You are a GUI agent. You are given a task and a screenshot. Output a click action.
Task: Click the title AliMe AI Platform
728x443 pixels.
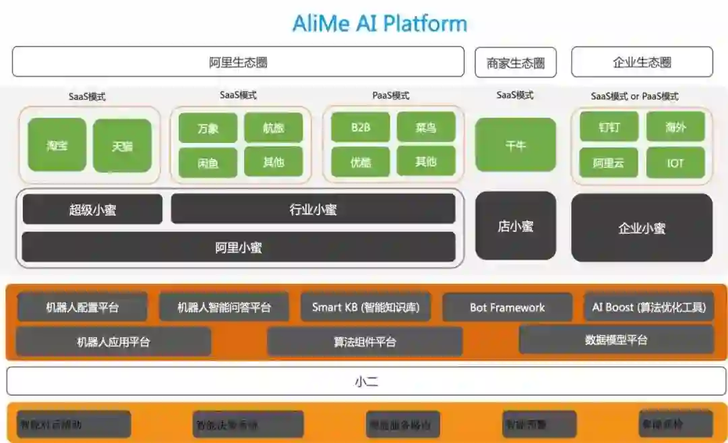pos(380,24)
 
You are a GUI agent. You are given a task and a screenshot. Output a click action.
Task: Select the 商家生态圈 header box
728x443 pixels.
pos(516,63)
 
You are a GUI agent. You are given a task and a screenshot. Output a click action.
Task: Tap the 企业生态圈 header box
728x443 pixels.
pos(642,62)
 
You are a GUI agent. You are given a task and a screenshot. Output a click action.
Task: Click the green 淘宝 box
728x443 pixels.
pos(57,145)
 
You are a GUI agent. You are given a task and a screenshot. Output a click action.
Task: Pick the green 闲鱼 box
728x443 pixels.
pos(208,162)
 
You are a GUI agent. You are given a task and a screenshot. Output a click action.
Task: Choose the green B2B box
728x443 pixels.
pos(361,127)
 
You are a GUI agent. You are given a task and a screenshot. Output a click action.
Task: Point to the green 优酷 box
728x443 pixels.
pos(361,162)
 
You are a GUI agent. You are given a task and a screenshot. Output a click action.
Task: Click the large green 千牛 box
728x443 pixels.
pos(516,145)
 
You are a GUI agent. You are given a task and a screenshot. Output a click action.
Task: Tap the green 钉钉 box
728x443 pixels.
pos(609,127)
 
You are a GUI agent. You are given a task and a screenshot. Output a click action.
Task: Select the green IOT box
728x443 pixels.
pos(675,162)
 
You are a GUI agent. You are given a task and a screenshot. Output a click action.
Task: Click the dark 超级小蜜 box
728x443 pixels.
pos(92,210)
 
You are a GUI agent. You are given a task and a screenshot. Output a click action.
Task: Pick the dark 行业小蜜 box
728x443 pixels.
pos(313,209)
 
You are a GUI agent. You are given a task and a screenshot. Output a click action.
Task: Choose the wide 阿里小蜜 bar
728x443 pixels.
pos(238,247)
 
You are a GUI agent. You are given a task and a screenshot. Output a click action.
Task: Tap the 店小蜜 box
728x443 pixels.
pos(516,226)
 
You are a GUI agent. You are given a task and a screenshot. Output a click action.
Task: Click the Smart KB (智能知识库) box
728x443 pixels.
pos(365,307)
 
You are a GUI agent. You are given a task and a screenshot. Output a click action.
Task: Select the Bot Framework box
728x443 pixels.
pos(507,307)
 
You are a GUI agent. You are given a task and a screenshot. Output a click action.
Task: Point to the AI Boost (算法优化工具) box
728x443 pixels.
pos(648,307)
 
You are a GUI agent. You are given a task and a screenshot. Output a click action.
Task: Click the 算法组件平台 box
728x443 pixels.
pos(365,342)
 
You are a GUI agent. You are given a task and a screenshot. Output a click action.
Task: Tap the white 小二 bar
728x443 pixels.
pos(366,381)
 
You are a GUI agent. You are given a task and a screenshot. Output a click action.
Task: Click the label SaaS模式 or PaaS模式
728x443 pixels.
pos(634,96)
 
